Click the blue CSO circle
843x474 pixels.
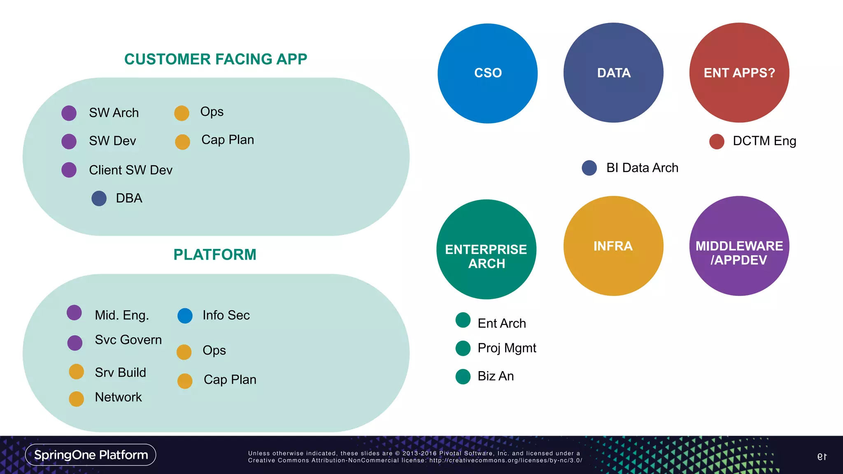point(487,73)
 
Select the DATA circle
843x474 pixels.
point(613,73)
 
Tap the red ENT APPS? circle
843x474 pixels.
point(739,73)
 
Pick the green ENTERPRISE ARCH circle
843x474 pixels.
point(486,249)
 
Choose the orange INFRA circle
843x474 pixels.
point(613,246)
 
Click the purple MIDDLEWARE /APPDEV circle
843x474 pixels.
point(739,246)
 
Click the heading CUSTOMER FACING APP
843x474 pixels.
point(216,59)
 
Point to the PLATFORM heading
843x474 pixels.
point(215,255)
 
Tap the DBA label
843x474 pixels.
point(129,198)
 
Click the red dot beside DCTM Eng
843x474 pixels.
point(717,142)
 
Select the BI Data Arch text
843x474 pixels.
point(642,168)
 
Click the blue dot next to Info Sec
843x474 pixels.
point(185,316)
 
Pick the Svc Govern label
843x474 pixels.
point(128,340)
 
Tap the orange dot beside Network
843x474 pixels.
point(77,399)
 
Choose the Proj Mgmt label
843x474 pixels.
point(507,348)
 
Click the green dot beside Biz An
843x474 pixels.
point(463,376)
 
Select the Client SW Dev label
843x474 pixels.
point(130,170)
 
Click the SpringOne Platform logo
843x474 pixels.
point(91,455)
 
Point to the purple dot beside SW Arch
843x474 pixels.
point(69,113)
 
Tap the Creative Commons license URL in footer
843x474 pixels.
point(505,460)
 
